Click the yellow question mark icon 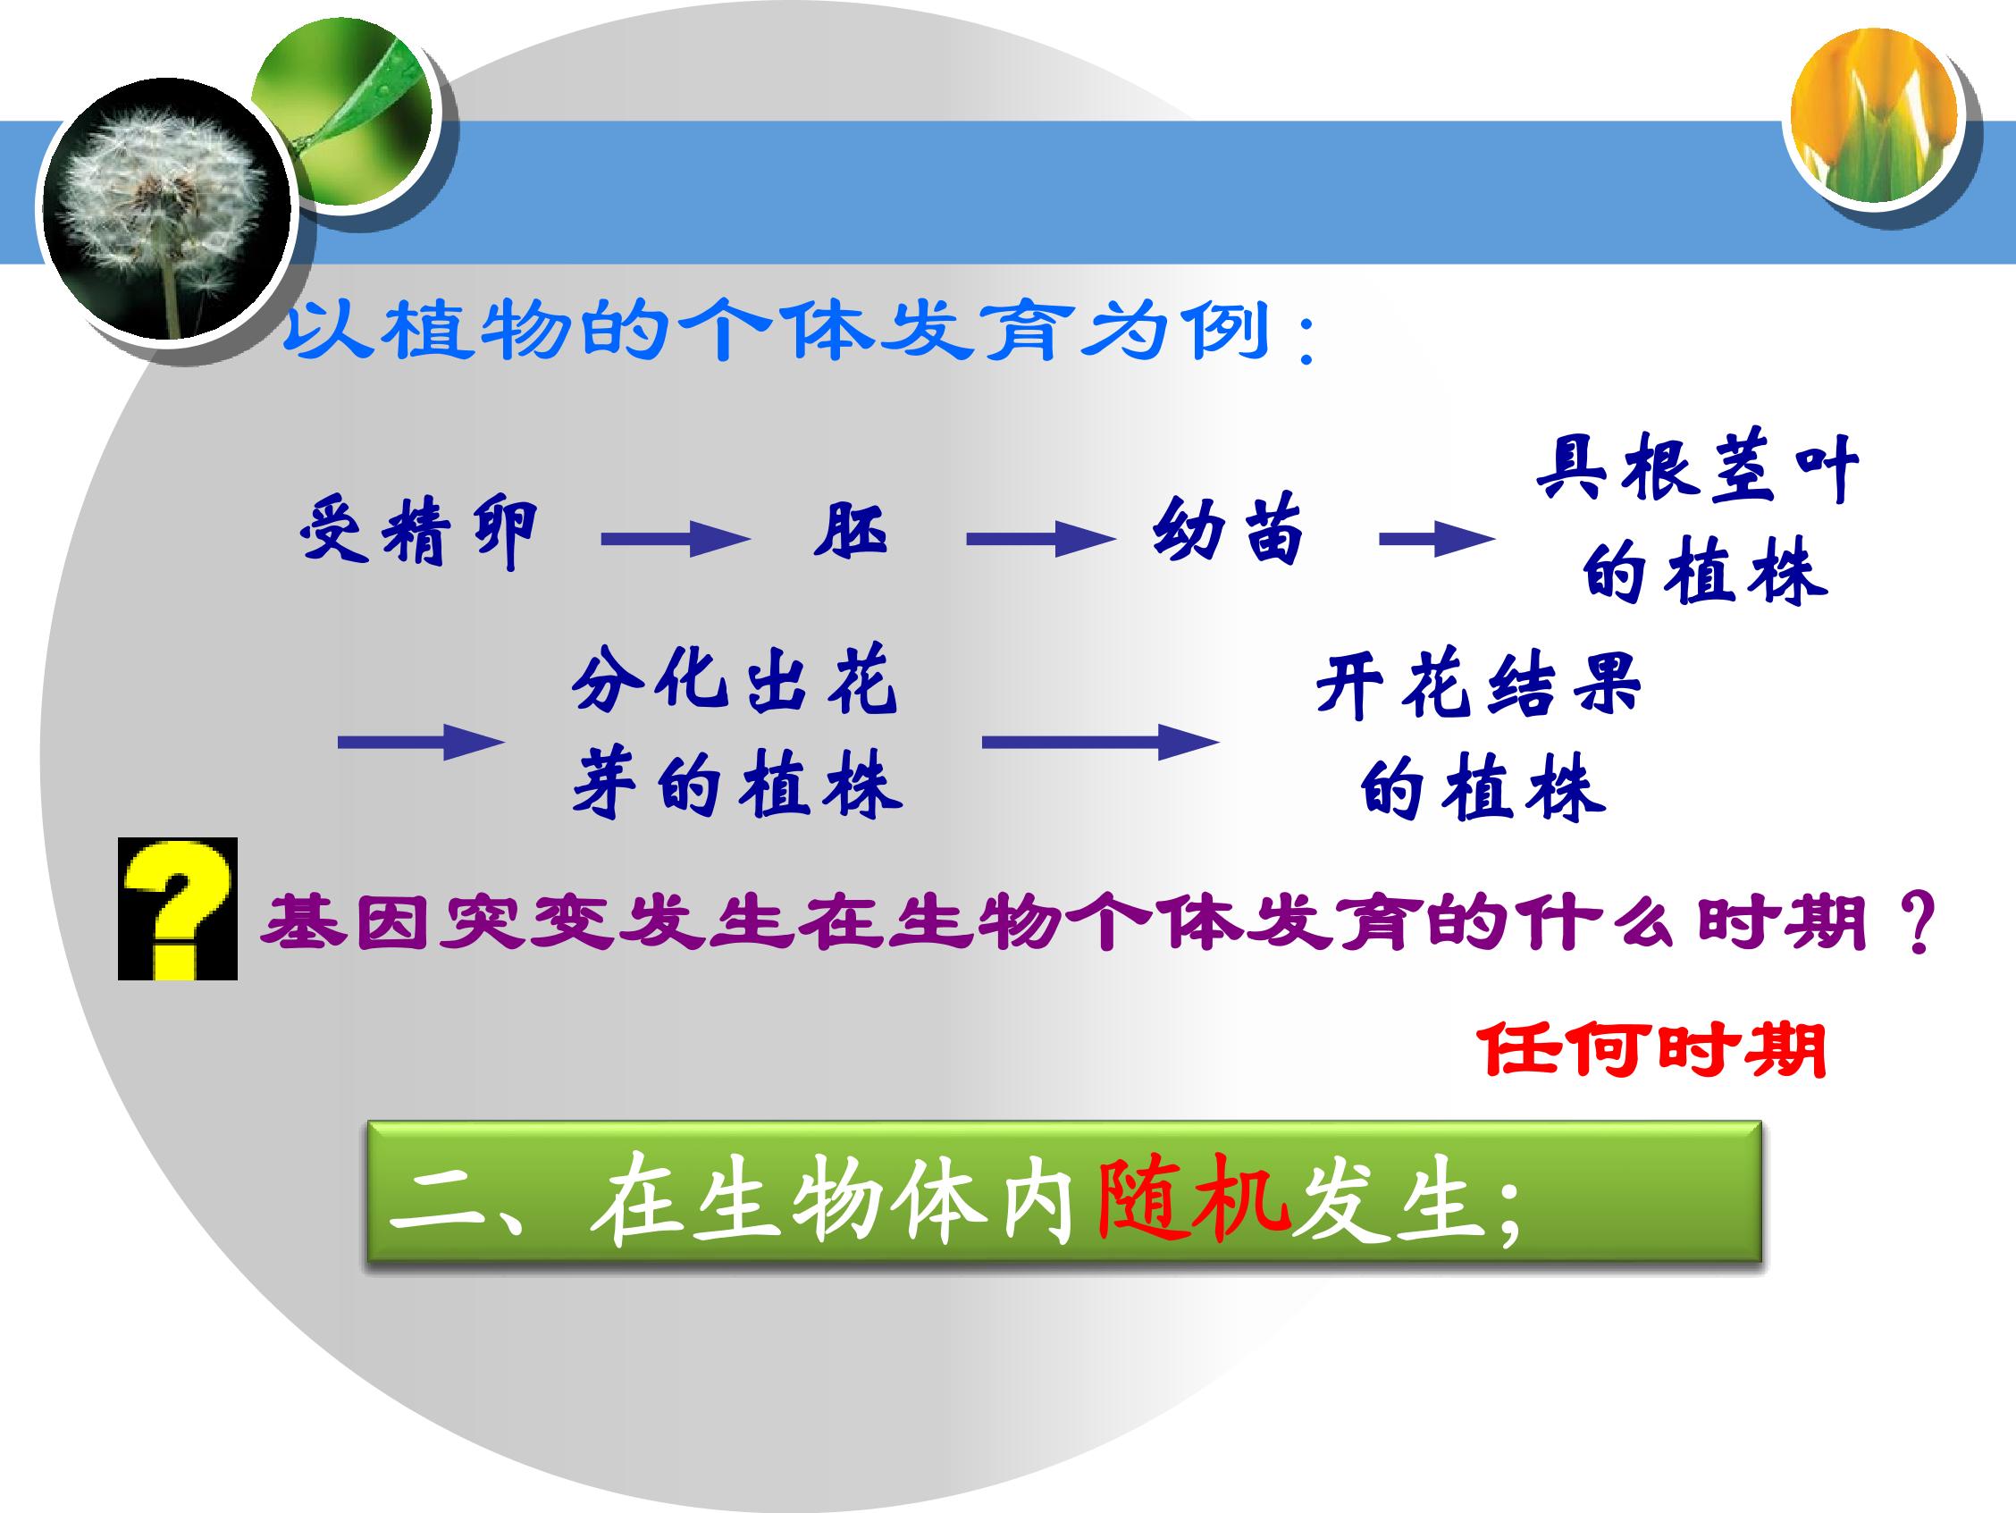pos(178,909)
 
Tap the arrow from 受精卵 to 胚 pos(675,539)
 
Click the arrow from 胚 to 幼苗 pos(1040,539)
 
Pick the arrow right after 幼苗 pos(1436,539)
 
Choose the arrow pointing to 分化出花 pos(421,742)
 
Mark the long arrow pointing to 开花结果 pos(1100,742)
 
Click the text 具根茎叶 pos(1697,468)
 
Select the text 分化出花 pos(735,681)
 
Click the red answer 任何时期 pos(1651,1050)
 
